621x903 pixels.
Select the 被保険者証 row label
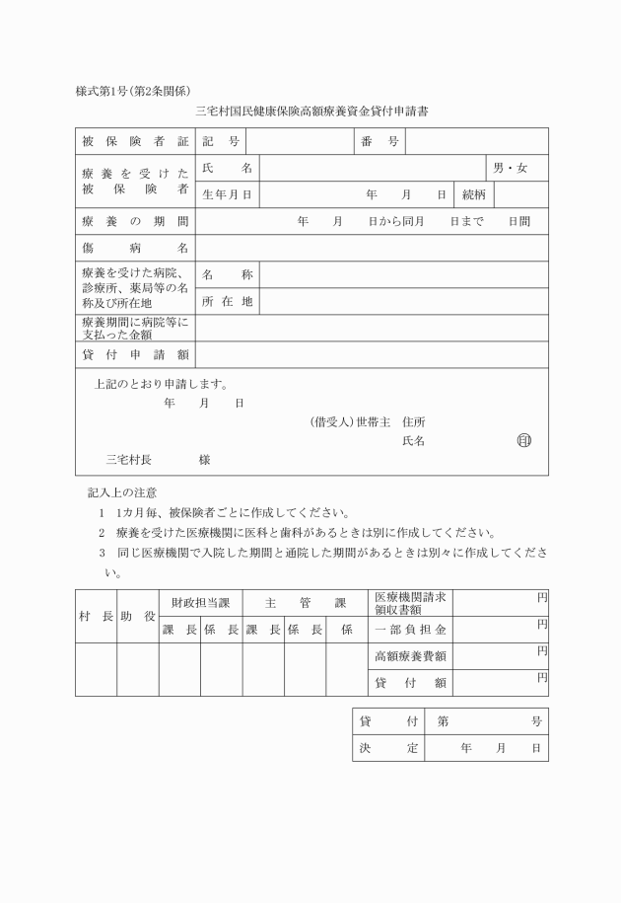(x=135, y=142)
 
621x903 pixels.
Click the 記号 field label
(x=227, y=142)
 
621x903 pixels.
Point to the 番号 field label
(x=379, y=142)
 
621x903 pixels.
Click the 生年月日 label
(x=227, y=195)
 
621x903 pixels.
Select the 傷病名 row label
(x=135, y=248)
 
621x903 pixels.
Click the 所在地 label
(x=227, y=301)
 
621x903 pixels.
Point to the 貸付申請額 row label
(x=135, y=354)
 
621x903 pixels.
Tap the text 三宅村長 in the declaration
(x=127, y=459)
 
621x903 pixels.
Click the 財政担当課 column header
(x=200, y=602)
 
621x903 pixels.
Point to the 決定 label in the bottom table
(x=388, y=749)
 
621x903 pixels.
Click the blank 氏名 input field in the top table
(x=372, y=169)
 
